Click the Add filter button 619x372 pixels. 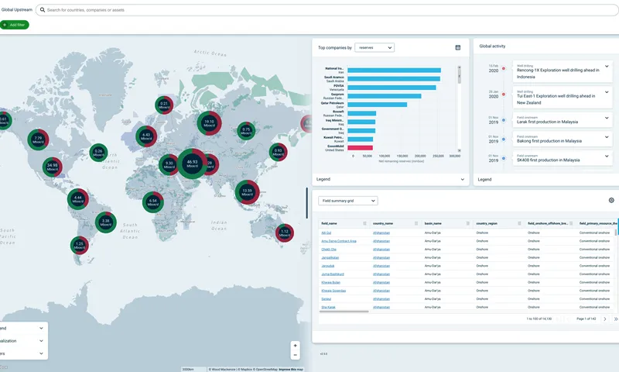coord(15,25)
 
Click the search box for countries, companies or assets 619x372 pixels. coord(155,10)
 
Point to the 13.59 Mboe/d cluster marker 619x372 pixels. coord(247,191)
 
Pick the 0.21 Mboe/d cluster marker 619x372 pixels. coord(164,105)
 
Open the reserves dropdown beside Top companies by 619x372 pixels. coord(374,47)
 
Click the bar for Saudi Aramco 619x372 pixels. coord(394,78)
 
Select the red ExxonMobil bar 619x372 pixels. coord(360,147)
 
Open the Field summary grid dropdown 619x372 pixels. coord(348,201)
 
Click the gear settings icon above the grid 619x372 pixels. coord(611,201)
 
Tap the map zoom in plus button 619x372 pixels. coord(294,345)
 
